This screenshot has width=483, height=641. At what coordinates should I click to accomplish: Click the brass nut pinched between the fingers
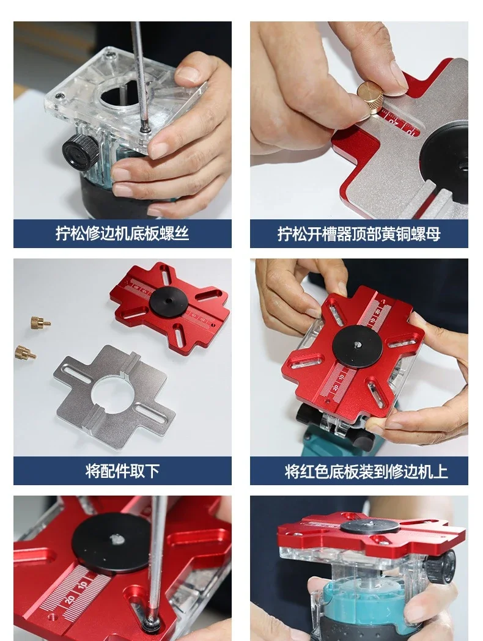coord(370,97)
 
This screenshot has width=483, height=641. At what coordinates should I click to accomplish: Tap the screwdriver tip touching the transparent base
coord(144,130)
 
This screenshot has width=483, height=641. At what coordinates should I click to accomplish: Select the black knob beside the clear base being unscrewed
coord(80,150)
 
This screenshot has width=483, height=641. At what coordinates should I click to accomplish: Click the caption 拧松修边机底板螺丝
coord(122,234)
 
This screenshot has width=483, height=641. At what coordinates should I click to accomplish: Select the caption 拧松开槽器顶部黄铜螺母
coord(359,234)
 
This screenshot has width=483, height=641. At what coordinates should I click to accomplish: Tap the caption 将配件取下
coord(122,471)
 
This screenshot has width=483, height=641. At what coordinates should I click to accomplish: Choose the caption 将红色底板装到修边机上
coord(366,471)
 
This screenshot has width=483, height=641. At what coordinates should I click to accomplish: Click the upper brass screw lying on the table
coord(40,323)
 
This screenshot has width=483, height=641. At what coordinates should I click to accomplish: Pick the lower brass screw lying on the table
coord(25,352)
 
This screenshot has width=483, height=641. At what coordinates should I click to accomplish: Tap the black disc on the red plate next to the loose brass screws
coord(169,301)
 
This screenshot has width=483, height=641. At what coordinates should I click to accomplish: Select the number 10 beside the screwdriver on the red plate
coord(83,585)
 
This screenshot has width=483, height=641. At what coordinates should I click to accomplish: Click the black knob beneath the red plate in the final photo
coord(442,566)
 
